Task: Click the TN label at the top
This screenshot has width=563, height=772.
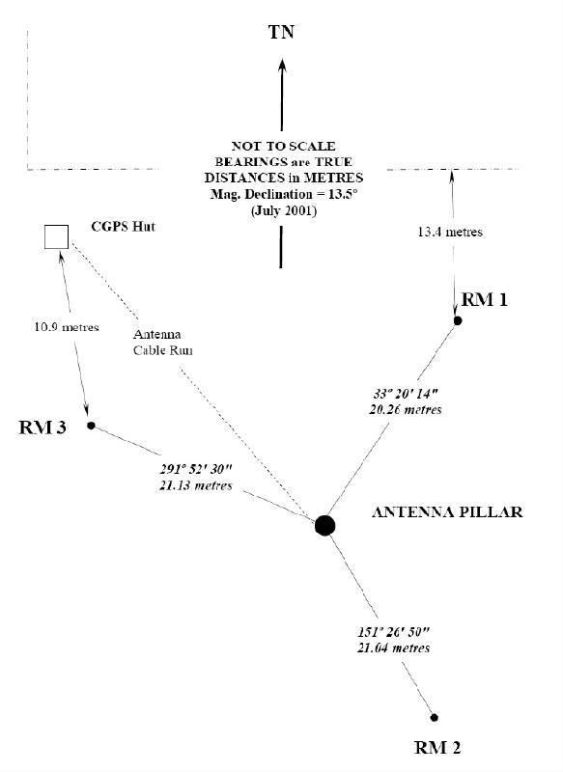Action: pos(281,32)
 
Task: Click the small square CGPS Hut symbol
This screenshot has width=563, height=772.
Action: pos(57,236)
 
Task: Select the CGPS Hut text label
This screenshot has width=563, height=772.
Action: pos(124,227)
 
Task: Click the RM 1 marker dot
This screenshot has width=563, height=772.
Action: pos(458,320)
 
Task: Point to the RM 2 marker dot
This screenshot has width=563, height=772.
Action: pos(434,717)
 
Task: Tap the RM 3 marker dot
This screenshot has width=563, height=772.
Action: pos(91,426)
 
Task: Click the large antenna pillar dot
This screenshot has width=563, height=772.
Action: pos(324,525)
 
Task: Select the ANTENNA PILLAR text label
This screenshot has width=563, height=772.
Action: pos(447,512)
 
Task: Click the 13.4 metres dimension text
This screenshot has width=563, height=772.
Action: pos(450,232)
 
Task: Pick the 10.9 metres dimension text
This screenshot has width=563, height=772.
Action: pos(67,327)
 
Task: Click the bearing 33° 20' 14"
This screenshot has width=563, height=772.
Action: pos(406,394)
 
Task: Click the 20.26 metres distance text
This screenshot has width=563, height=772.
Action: pos(406,409)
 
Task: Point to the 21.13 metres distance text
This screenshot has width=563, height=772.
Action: pos(196,485)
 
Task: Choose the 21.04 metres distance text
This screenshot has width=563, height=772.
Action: pos(394,648)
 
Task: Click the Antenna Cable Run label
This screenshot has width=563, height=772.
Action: pos(162,343)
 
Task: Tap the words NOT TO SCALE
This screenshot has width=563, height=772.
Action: pos(284,147)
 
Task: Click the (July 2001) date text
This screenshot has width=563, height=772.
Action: pos(284,210)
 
